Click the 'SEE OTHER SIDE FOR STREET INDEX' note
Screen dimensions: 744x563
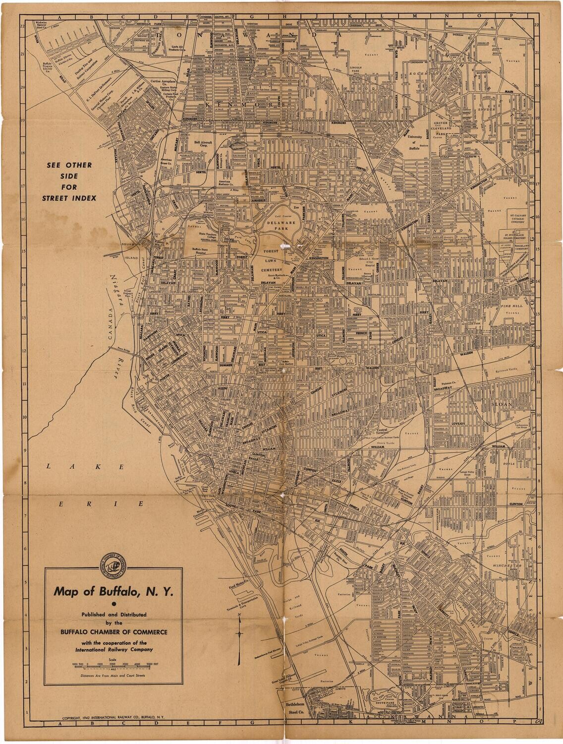click(69, 182)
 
